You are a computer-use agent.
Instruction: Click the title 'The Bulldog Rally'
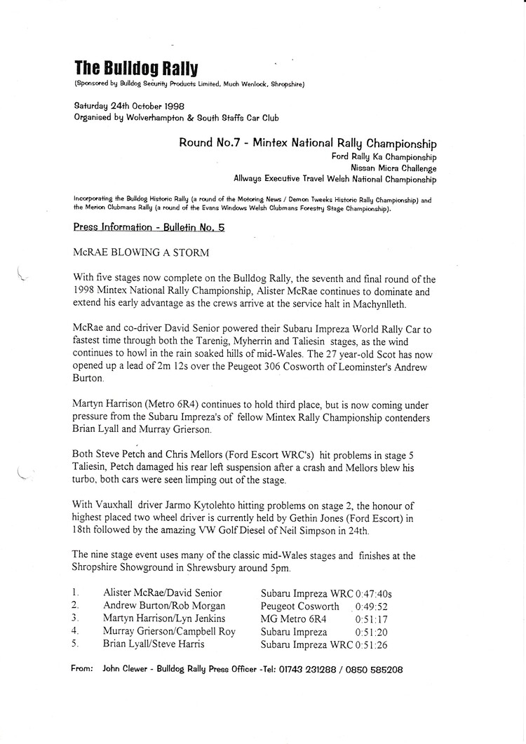coord(136,68)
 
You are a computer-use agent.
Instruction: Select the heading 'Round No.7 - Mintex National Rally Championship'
coord(307,144)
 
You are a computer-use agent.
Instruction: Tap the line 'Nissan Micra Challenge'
coord(393,168)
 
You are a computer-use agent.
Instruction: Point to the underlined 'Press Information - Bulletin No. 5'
coord(149,227)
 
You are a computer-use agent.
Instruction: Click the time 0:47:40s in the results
coord(378,593)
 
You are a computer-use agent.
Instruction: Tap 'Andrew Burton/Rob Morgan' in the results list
coord(165,606)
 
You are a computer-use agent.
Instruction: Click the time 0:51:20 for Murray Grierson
coord(372,631)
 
